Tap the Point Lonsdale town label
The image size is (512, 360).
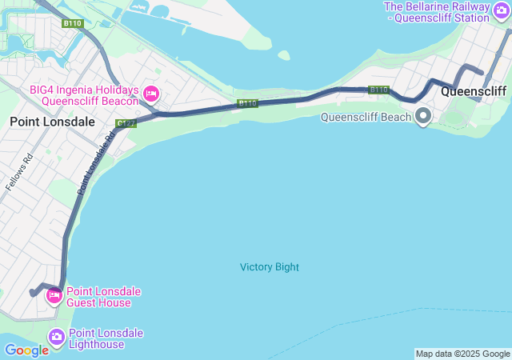[52, 122]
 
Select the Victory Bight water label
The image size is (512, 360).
[270, 267]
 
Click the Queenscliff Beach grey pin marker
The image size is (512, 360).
[422, 117]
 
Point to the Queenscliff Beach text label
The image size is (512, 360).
[366, 117]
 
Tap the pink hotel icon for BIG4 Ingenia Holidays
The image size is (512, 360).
[150, 95]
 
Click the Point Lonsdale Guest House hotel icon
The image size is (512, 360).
[54, 296]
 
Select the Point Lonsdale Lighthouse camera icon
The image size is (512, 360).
[57, 338]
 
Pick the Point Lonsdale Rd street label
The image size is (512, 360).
[97, 163]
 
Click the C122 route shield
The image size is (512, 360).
[126, 123]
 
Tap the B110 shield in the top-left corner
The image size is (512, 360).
[73, 23]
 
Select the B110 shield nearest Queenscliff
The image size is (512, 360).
[378, 90]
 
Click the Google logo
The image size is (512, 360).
[26, 350]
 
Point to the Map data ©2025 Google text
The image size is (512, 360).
[462, 354]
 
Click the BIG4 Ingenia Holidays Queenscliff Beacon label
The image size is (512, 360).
[85, 96]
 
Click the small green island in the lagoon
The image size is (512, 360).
[283, 55]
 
